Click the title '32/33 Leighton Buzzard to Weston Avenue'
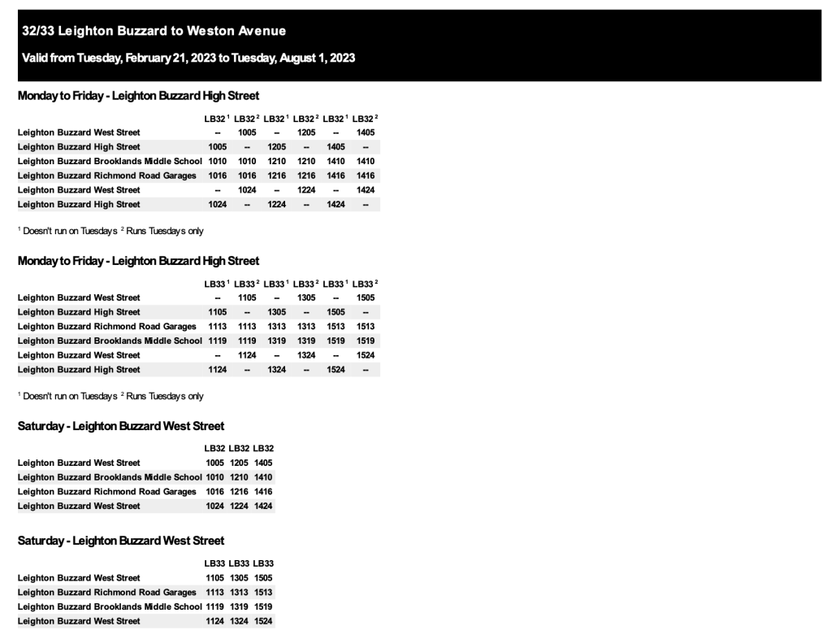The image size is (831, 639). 154,32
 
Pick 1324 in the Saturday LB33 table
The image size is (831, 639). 239,621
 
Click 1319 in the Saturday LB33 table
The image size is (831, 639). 239,606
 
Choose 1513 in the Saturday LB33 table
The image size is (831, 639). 263,593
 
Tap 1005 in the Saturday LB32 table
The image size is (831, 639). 215,463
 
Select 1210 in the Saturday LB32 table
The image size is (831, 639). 239,477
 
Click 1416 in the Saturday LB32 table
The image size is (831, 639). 263,492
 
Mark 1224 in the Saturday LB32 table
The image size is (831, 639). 239,506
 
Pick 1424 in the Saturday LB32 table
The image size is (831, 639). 263,506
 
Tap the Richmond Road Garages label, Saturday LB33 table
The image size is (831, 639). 107,593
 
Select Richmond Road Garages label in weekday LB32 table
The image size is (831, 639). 107,176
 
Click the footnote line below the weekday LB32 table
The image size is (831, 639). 110,231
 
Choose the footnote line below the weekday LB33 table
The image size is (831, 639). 110,396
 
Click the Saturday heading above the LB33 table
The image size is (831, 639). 121,541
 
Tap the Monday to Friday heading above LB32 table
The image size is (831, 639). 139,96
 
